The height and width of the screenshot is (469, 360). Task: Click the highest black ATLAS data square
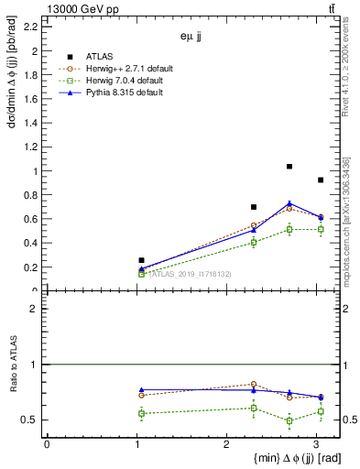289,167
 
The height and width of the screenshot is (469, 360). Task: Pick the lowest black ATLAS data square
141,260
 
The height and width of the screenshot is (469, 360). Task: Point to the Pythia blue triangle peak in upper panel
289,203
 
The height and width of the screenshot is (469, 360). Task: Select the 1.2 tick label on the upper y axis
32,147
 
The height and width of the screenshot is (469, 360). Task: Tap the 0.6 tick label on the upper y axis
32,220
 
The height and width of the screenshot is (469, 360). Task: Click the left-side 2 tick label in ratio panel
33,309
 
